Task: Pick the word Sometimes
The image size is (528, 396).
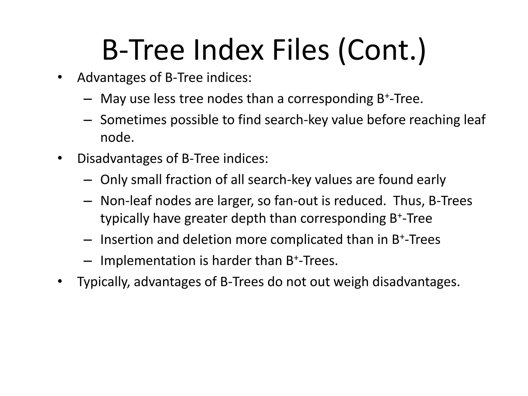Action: pyautogui.click(x=133, y=120)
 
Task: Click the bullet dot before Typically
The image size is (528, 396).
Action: pyautogui.click(x=60, y=281)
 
